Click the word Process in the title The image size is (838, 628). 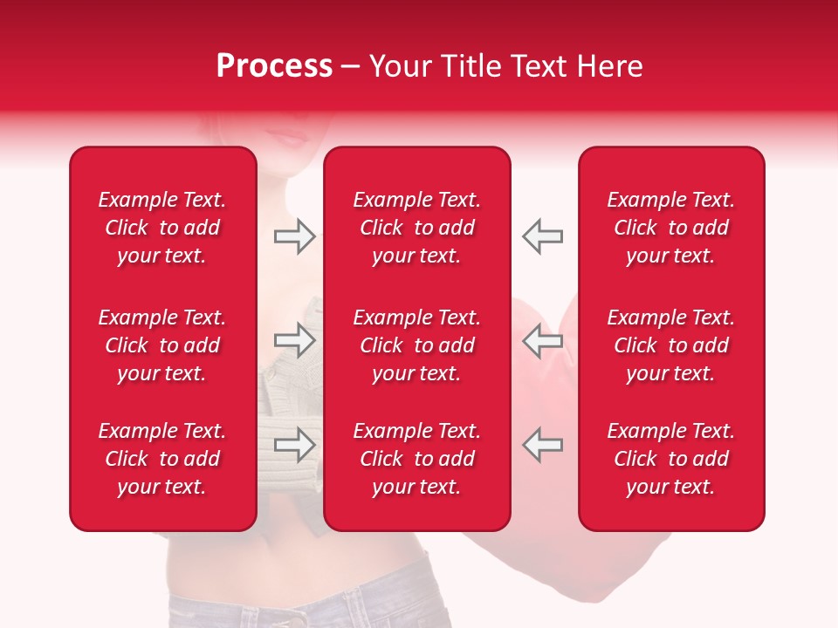(x=274, y=66)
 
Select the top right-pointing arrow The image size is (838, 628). (x=294, y=235)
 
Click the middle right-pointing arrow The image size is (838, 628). (x=294, y=340)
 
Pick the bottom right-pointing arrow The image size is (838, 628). (x=294, y=444)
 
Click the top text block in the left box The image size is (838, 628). (x=162, y=228)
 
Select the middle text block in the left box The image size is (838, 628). (x=162, y=345)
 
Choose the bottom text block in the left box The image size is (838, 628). (x=162, y=459)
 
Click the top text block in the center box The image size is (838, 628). (x=416, y=228)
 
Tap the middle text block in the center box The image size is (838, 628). (x=416, y=345)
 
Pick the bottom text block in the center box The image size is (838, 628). (x=416, y=459)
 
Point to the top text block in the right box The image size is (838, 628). (x=670, y=228)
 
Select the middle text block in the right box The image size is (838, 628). (x=670, y=345)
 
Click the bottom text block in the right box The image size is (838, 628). (x=670, y=459)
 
